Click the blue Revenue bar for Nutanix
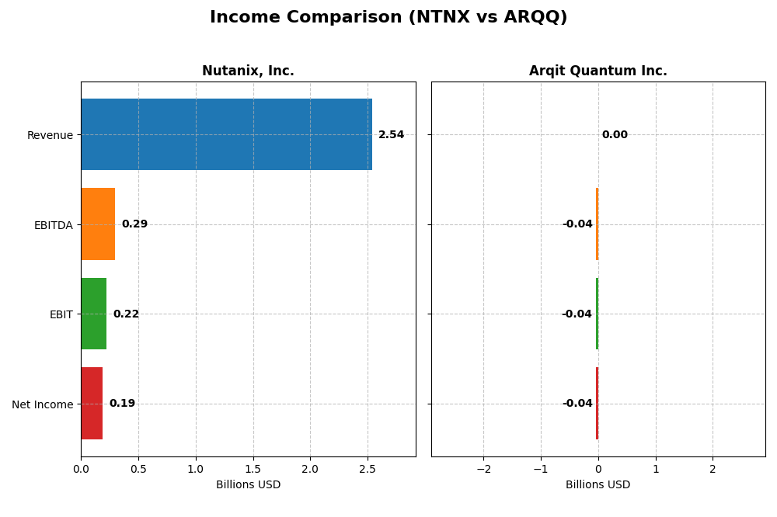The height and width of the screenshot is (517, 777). click(x=226, y=134)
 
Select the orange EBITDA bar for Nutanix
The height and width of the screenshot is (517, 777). click(x=98, y=224)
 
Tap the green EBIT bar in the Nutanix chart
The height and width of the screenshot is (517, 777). click(x=94, y=314)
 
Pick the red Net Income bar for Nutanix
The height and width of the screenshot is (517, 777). click(x=92, y=404)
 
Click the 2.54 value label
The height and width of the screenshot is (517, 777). click(x=391, y=135)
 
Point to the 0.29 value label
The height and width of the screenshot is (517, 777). click(x=134, y=224)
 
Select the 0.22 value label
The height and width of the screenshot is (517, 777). click(x=126, y=314)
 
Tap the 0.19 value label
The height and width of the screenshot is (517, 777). click(x=122, y=404)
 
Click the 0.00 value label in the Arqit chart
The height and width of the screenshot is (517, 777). click(x=615, y=135)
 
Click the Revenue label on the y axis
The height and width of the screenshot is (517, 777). click(x=50, y=136)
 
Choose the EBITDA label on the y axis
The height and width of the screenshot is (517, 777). click(x=53, y=225)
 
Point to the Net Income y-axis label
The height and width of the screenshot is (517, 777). click(x=42, y=404)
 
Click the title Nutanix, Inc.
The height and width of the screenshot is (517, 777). click(x=248, y=71)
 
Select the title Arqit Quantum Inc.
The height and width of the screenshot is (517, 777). click(x=598, y=71)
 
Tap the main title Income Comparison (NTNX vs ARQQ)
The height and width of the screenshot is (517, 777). click(x=388, y=18)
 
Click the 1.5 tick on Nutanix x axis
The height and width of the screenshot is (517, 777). click(x=253, y=469)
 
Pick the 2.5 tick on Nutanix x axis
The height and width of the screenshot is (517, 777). click(x=368, y=469)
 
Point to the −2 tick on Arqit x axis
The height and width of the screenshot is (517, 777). click(x=483, y=469)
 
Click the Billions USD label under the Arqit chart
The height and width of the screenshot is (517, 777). click(x=598, y=485)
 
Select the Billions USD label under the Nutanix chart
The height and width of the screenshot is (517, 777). click(x=248, y=485)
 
